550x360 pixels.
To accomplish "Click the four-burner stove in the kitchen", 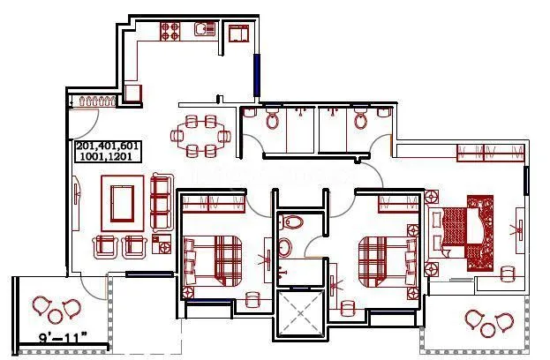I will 170,31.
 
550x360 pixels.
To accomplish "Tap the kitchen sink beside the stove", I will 204,31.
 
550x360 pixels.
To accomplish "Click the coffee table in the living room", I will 122,199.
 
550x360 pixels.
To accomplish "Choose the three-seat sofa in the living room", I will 161,202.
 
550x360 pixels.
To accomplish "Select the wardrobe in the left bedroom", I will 212,204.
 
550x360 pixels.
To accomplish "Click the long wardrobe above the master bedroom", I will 486,154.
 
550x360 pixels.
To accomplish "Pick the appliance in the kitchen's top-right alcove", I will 238,35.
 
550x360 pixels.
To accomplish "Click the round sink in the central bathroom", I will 284,248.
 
